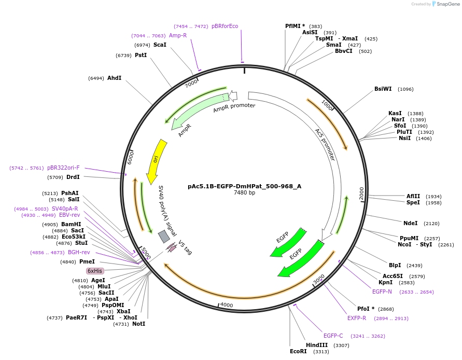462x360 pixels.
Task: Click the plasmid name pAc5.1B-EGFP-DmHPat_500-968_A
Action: pyautogui.click(x=244, y=186)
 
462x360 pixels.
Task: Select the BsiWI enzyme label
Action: pyautogui.click(x=383, y=89)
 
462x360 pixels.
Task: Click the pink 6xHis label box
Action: pyautogui.click(x=95, y=271)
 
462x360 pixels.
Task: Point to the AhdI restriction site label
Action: pyautogui.click(x=114, y=78)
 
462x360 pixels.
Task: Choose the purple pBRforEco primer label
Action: pyautogui.click(x=225, y=26)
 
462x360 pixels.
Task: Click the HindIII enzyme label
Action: pyautogui.click(x=317, y=345)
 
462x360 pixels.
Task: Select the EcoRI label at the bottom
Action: pyautogui.click(x=298, y=351)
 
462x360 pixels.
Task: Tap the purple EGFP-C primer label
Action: pyautogui.click(x=333, y=336)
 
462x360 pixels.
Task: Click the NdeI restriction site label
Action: pyautogui.click(x=410, y=223)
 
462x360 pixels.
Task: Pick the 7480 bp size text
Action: pyautogui.click(x=244, y=193)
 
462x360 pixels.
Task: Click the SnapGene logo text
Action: pyautogui.click(x=447, y=4)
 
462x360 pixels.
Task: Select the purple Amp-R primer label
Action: pyautogui.click(x=178, y=35)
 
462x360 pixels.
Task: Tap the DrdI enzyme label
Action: pyautogui.click(x=73, y=177)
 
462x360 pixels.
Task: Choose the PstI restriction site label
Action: pyautogui.click(x=141, y=55)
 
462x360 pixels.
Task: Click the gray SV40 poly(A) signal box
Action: pyautogui.click(x=164, y=237)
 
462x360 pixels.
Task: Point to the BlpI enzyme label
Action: pyautogui.click(x=395, y=265)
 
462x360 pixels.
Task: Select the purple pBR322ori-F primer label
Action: pyautogui.click(x=63, y=168)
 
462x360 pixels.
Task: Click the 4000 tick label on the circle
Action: pyautogui.click(x=227, y=305)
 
